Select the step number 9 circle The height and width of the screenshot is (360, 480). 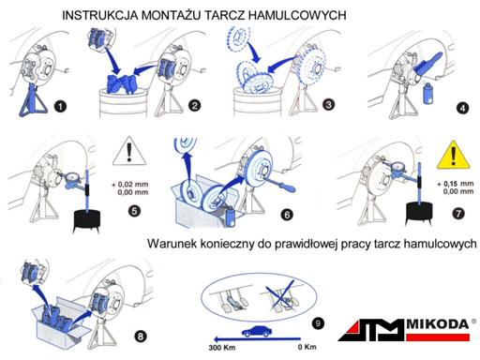click(318, 323)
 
